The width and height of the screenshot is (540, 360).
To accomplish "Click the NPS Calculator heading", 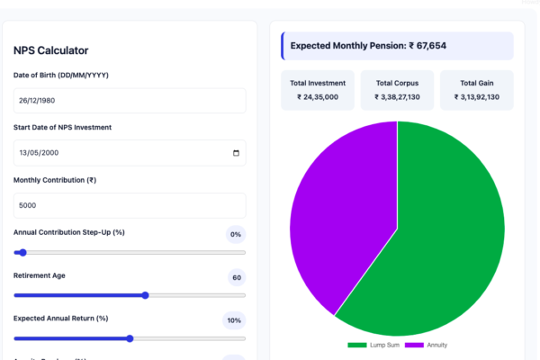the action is pyautogui.click(x=50, y=50).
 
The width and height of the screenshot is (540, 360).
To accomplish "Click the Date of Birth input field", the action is pyautogui.click(x=130, y=101).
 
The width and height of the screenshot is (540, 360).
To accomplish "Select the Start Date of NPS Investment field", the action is pyautogui.click(x=130, y=153).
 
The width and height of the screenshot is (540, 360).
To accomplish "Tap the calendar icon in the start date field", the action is pyautogui.click(x=236, y=153).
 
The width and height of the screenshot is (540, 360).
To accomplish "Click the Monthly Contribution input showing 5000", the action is pyautogui.click(x=130, y=205).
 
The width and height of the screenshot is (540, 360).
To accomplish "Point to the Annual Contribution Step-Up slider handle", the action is pyautogui.click(x=22, y=253).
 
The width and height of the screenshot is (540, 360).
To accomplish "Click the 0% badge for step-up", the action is pyautogui.click(x=236, y=234).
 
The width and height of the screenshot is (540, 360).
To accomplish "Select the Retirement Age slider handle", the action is pyautogui.click(x=145, y=295).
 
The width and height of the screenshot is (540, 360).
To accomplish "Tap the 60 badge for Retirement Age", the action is pyautogui.click(x=237, y=277).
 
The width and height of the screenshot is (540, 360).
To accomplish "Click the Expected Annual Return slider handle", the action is pyautogui.click(x=130, y=338).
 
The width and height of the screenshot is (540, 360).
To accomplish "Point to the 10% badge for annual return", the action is pyautogui.click(x=234, y=320).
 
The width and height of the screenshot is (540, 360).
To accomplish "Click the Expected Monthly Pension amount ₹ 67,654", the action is pyautogui.click(x=427, y=46).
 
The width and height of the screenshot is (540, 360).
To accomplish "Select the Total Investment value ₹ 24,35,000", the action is pyautogui.click(x=318, y=97).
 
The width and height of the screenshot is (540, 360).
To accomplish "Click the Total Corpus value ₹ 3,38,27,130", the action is pyautogui.click(x=397, y=97).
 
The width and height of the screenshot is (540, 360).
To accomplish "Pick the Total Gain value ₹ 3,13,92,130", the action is pyautogui.click(x=477, y=97).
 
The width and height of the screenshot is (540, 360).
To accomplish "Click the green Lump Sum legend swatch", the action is pyautogui.click(x=357, y=345).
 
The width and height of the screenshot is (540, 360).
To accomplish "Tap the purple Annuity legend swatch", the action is pyautogui.click(x=414, y=345).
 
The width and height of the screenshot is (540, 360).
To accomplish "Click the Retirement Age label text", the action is pyautogui.click(x=40, y=275).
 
